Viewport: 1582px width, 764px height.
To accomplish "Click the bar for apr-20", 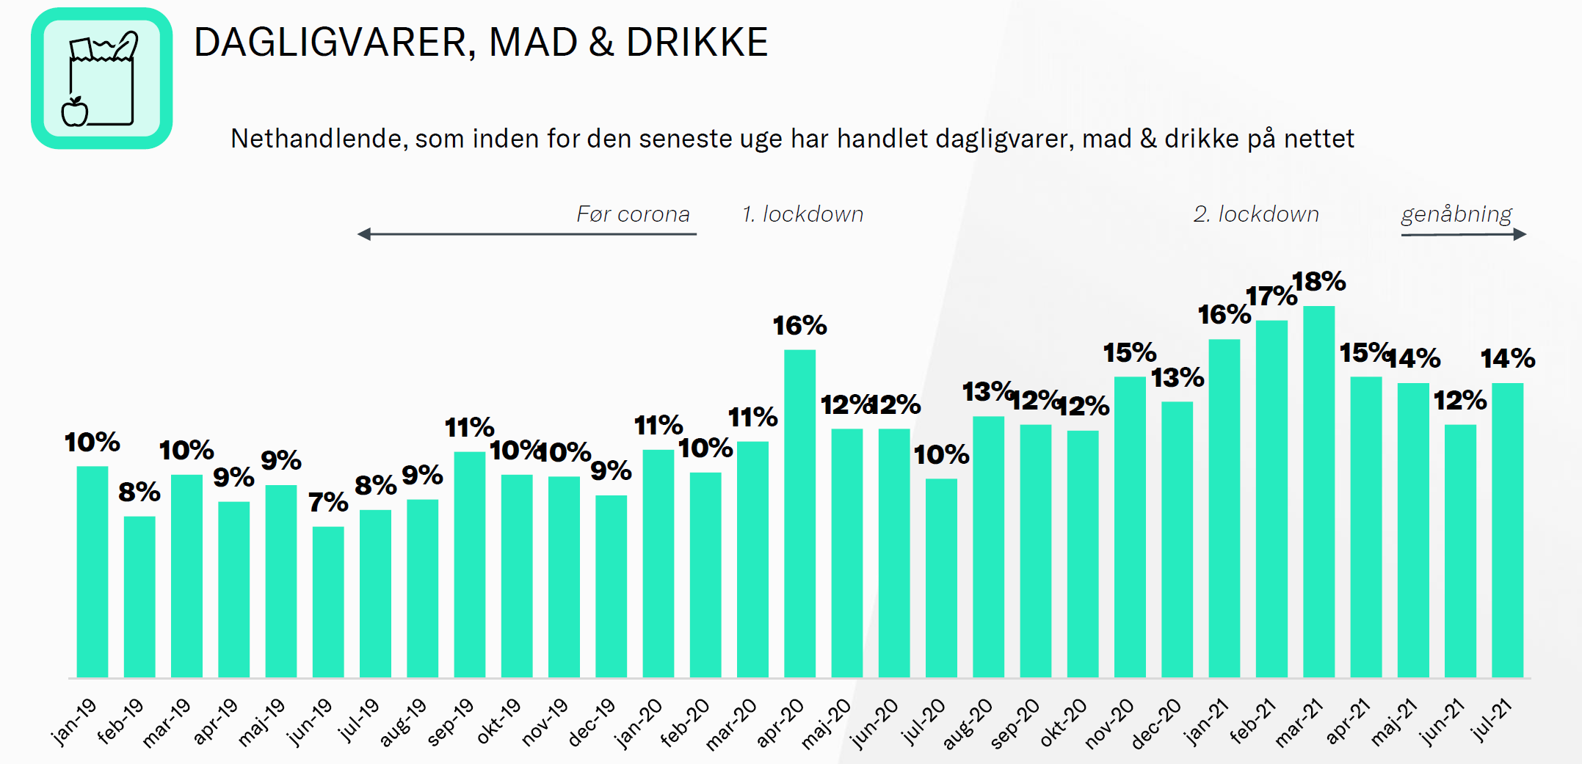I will (799, 514).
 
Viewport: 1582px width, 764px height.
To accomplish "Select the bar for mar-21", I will (1318, 492).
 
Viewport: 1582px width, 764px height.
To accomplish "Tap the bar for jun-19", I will (328, 602).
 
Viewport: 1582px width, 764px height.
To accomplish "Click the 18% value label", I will (1318, 282).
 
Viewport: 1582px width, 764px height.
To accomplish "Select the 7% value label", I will (328, 503).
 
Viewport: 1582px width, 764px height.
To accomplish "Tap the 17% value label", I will (1271, 296).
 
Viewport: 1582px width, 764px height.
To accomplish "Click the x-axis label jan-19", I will (74, 721).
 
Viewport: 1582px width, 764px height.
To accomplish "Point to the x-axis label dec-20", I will (1155, 724).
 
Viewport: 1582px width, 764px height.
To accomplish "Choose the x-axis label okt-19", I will (498, 721).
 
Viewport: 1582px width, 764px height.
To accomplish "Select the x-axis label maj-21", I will (1393, 722).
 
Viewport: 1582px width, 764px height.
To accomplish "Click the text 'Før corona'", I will (633, 214).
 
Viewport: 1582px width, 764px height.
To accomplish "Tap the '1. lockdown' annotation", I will (802, 214).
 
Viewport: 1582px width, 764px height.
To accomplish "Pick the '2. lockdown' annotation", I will (1256, 214).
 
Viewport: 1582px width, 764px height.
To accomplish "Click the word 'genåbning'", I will (1456, 214).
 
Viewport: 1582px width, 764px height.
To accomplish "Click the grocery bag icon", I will (102, 79).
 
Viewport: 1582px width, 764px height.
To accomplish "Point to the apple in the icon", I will (75, 112).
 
